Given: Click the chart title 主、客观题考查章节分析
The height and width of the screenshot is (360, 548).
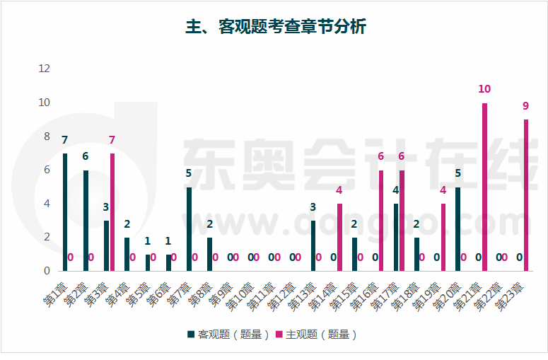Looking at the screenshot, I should tap(275, 27).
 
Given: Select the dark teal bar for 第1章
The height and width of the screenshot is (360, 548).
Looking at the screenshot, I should tap(65, 212).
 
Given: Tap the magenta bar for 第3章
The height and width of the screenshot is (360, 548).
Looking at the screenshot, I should tap(112, 212).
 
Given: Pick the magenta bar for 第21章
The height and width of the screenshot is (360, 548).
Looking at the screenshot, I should tap(484, 187).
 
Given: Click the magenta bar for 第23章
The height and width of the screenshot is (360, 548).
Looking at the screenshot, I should tap(526, 195).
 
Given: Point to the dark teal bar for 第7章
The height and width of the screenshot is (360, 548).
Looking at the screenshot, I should tap(189, 229).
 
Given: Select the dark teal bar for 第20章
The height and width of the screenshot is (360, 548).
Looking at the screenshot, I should tap(458, 229).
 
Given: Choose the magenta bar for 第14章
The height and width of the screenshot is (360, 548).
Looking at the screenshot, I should tap(339, 238).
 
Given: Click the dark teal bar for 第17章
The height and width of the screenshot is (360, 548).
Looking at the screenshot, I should tap(396, 238).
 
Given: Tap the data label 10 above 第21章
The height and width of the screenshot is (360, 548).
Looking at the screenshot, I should tap(484, 89).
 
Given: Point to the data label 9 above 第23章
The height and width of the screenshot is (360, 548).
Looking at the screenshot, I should tap(526, 106).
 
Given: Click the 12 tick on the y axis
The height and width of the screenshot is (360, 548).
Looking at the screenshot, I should tap(45, 69).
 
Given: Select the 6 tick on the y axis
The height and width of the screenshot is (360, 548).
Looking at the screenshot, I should tap(47, 170).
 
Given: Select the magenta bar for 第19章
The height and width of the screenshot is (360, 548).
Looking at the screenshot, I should tap(443, 238).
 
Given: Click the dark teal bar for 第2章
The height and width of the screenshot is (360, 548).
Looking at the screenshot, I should tap(86, 221).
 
